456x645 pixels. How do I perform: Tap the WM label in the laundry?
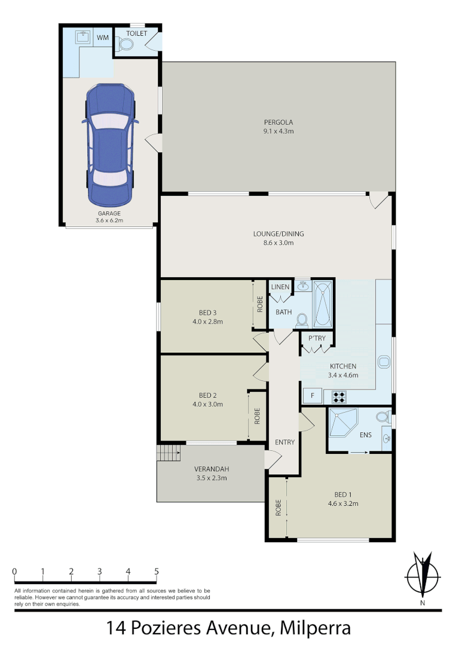pos(103,38)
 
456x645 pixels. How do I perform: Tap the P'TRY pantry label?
pos(317,339)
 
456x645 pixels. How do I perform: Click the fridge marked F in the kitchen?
pos(311,396)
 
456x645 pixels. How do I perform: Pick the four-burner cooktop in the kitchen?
pos(339,396)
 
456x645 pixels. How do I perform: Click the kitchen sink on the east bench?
pos(384,362)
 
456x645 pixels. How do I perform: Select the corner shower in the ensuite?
pos(342,422)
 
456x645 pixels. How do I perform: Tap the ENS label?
pos(366,435)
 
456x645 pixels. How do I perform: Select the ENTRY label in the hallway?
pos(284,442)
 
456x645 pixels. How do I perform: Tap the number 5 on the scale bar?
pos(157,572)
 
